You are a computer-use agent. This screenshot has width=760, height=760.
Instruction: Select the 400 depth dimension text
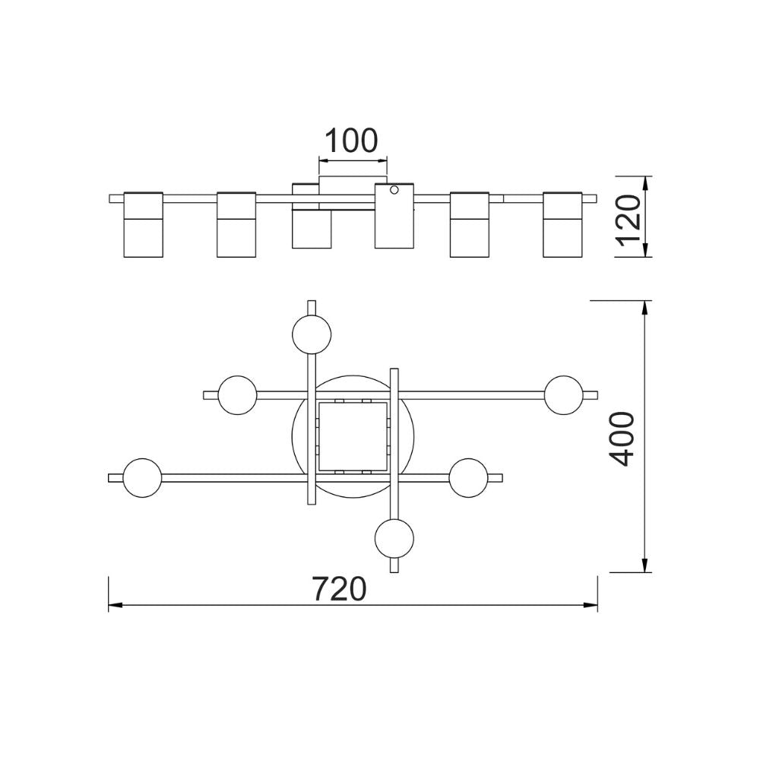pyautogui.click(x=622, y=438)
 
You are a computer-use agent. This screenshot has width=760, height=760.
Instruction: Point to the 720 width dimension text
pyautogui.click(x=340, y=588)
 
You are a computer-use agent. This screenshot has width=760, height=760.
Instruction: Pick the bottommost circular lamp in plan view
pyautogui.click(x=394, y=538)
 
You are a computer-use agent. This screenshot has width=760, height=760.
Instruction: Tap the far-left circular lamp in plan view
pyautogui.click(x=141, y=478)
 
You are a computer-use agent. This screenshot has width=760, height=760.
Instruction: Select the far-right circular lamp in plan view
pyautogui.click(x=564, y=394)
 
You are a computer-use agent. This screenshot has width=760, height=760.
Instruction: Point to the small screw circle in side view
pyautogui.click(x=394, y=190)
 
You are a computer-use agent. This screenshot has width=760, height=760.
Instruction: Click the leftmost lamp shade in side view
pyautogui.click(x=144, y=224)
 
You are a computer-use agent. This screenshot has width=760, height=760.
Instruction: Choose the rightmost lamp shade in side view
pyautogui.click(x=562, y=224)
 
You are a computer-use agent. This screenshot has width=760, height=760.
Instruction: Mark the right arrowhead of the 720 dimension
pyautogui.click(x=591, y=605)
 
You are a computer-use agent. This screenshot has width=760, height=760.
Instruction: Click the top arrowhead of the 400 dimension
pyautogui.click(x=645, y=307)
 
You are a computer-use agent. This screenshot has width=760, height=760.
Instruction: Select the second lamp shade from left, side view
pyautogui.click(x=236, y=224)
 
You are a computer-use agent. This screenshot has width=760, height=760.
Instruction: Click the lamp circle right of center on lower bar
pyautogui.click(x=467, y=477)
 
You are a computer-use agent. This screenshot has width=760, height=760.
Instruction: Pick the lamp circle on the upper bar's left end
pyautogui.click(x=237, y=394)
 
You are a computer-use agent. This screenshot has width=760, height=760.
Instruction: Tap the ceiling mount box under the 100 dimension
pyautogui.click(x=353, y=185)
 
